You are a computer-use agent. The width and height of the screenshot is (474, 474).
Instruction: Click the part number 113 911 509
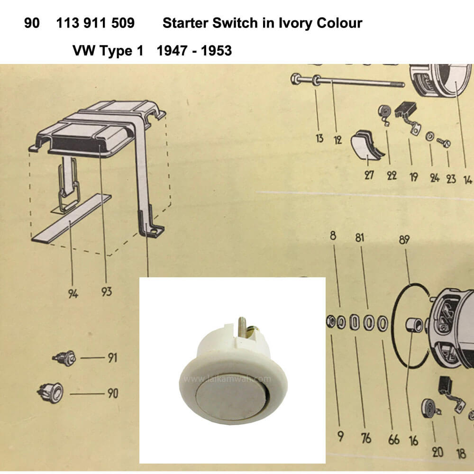pos(95,23)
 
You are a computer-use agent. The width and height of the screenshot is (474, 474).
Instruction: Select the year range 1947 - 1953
pos(194,51)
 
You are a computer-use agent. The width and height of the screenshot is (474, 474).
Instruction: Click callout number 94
pos(73,293)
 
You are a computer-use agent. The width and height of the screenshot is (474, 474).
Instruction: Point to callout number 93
pos(106,292)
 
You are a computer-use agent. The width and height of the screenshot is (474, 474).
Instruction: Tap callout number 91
pos(112,358)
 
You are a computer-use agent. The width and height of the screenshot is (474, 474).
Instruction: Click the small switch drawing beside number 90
pos(51,392)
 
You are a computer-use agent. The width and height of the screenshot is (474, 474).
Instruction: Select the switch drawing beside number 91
pos(64,358)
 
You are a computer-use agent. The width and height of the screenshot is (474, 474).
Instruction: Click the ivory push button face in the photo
pos(232,399)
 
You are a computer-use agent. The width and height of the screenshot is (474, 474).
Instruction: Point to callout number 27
pos(369,175)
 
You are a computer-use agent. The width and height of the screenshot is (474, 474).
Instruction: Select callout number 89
pos(404,240)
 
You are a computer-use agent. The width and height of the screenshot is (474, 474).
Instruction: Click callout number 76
pos(366,438)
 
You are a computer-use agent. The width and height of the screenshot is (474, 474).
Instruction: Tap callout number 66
pos(393,439)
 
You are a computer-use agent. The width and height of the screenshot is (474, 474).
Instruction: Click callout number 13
pos(319,138)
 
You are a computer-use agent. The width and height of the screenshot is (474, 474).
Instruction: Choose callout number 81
pos(359,237)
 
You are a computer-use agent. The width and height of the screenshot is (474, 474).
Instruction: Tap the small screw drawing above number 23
pos(444,142)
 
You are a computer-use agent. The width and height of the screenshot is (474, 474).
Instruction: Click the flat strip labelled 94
pos(72,218)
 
